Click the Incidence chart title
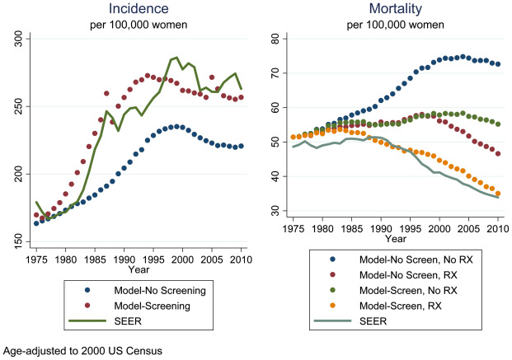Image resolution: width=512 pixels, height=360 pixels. [138, 9]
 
